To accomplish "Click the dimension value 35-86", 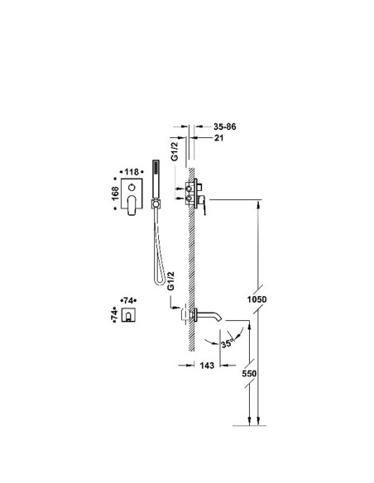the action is (224, 127).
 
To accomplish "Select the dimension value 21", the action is (218, 137).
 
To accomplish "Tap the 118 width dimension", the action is (132, 172).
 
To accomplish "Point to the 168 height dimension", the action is (115, 194).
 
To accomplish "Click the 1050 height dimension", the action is (257, 299).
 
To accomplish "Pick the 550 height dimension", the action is (249, 373).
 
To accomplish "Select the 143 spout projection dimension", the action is (207, 366).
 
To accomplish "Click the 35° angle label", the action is (228, 342).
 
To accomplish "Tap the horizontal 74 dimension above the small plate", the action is (128, 300).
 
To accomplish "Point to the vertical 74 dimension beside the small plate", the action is (114, 314).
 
